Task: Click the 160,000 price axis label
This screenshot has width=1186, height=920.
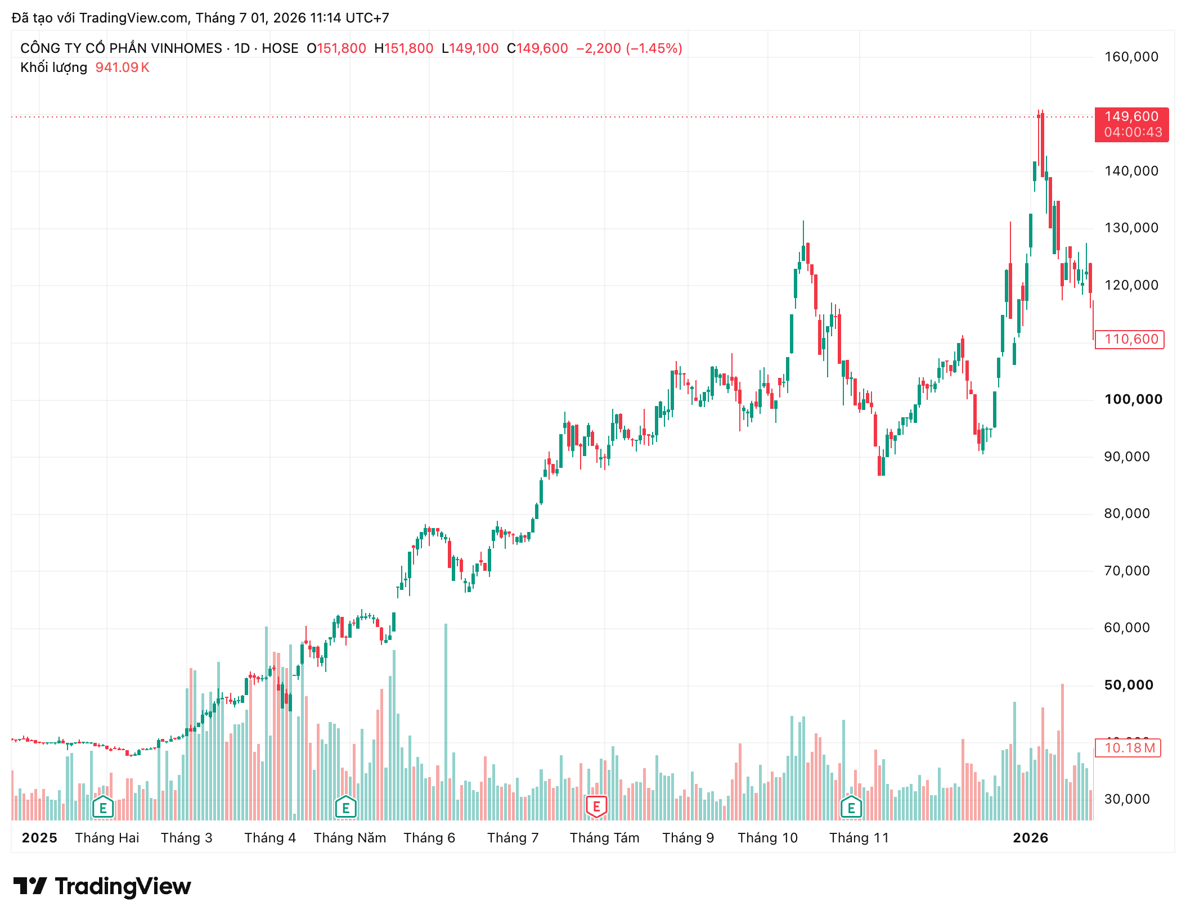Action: click(1131, 57)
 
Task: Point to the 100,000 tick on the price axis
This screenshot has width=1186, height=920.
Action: click(1133, 399)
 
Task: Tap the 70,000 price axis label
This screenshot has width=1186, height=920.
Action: click(1127, 571)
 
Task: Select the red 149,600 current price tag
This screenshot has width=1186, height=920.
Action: click(1131, 124)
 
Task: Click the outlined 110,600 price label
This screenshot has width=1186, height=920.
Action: click(1130, 339)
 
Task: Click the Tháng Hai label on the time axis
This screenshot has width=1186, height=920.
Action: click(107, 838)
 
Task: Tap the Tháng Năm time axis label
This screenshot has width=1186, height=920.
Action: click(350, 838)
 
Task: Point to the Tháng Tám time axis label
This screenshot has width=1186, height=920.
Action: click(605, 838)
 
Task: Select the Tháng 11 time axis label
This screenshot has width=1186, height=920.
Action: click(859, 838)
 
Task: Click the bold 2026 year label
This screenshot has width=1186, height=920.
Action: click(1031, 838)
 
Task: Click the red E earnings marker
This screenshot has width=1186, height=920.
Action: click(596, 807)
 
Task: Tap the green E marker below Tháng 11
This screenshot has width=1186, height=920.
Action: click(851, 808)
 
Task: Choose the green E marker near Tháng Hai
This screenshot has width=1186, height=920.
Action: click(103, 808)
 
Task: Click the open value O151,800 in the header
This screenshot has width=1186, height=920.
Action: click(336, 48)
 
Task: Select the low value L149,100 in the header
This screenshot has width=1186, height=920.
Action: click(470, 48)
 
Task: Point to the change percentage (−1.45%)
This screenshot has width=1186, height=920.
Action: click(654, 48)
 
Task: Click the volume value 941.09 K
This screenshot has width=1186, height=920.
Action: click(122, 67)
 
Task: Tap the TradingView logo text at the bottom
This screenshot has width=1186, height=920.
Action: click(123, 886)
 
